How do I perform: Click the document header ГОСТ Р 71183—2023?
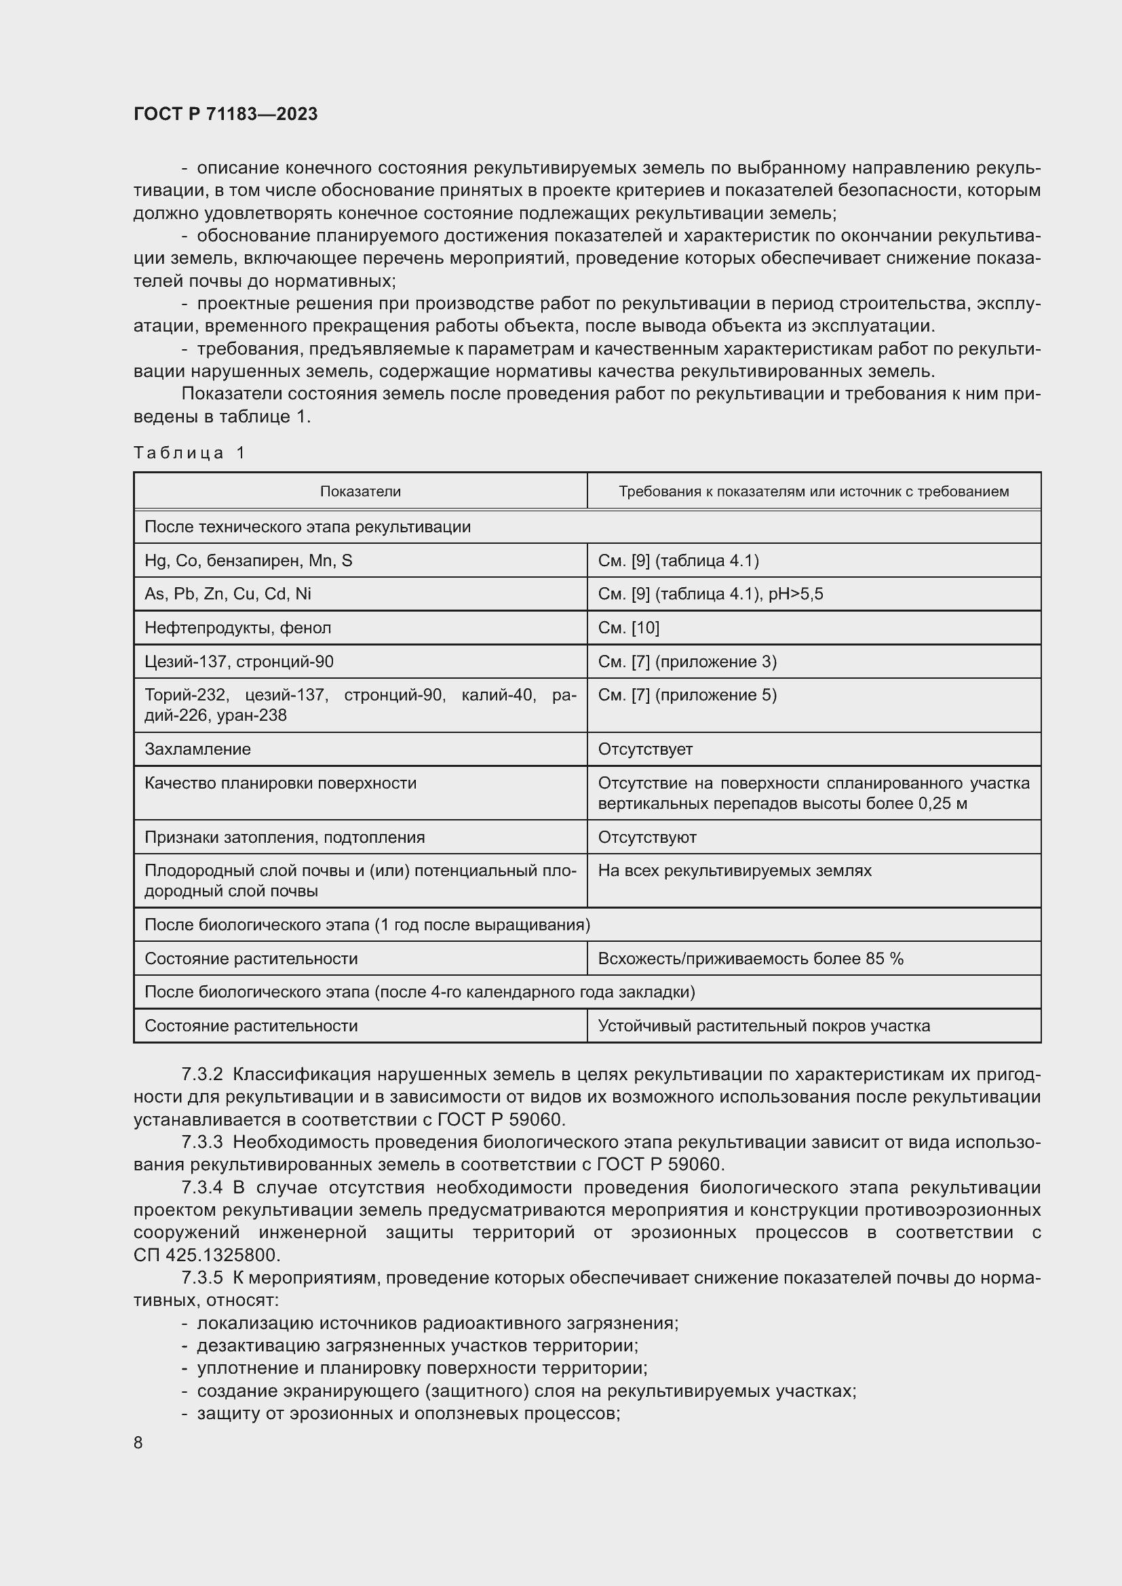[x=225, y=114]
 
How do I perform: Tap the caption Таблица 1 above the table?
[x=189, y=452]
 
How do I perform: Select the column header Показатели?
[x=360, y=491]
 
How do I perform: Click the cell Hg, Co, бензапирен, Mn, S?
[x=248, y=560]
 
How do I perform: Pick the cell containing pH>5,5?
[x=710, y=594]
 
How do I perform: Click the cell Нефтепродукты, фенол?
[x=237, y=627]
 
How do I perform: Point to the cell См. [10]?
[x=628, y=627]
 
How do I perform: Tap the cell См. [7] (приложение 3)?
[x=686, y=661]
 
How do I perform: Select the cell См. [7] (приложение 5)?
[x=686, y=695]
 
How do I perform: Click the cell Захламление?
[x=197, y=749]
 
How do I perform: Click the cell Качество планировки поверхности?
[x=281, y=782]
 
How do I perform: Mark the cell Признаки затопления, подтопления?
[x=285, y=837]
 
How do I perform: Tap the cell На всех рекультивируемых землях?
[x=735, y=871]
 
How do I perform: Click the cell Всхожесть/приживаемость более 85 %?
[x=750, y=958]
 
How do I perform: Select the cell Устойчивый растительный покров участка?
[x=763, y=1026]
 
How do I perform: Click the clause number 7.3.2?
[x=201, y=1074]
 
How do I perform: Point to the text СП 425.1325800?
[x=208, y=1255]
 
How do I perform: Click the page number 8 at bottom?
[x=138, y=1442]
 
